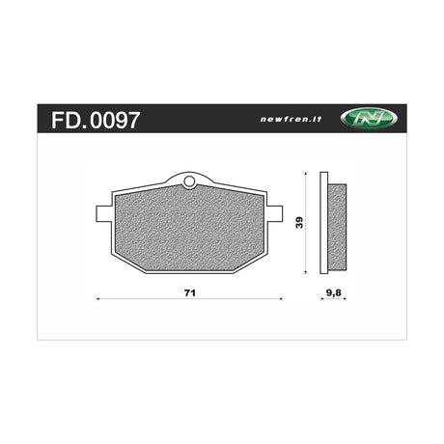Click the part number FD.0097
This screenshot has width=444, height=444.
(x=96, y=121)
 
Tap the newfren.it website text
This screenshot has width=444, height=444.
(x=291, y=120)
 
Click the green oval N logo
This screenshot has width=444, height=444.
(x=369, y=119)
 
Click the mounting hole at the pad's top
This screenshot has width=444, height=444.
(x=189, y=182)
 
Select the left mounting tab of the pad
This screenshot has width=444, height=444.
(x=104, y=213)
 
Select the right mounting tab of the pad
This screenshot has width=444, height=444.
(x=275, y=213)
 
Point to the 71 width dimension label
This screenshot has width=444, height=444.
(x=190, y=293)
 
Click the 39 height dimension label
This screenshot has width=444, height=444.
(x=299, y=223)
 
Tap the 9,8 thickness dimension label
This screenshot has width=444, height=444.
(x=334, y=293)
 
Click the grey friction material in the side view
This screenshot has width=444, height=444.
(x=337, y=227)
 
